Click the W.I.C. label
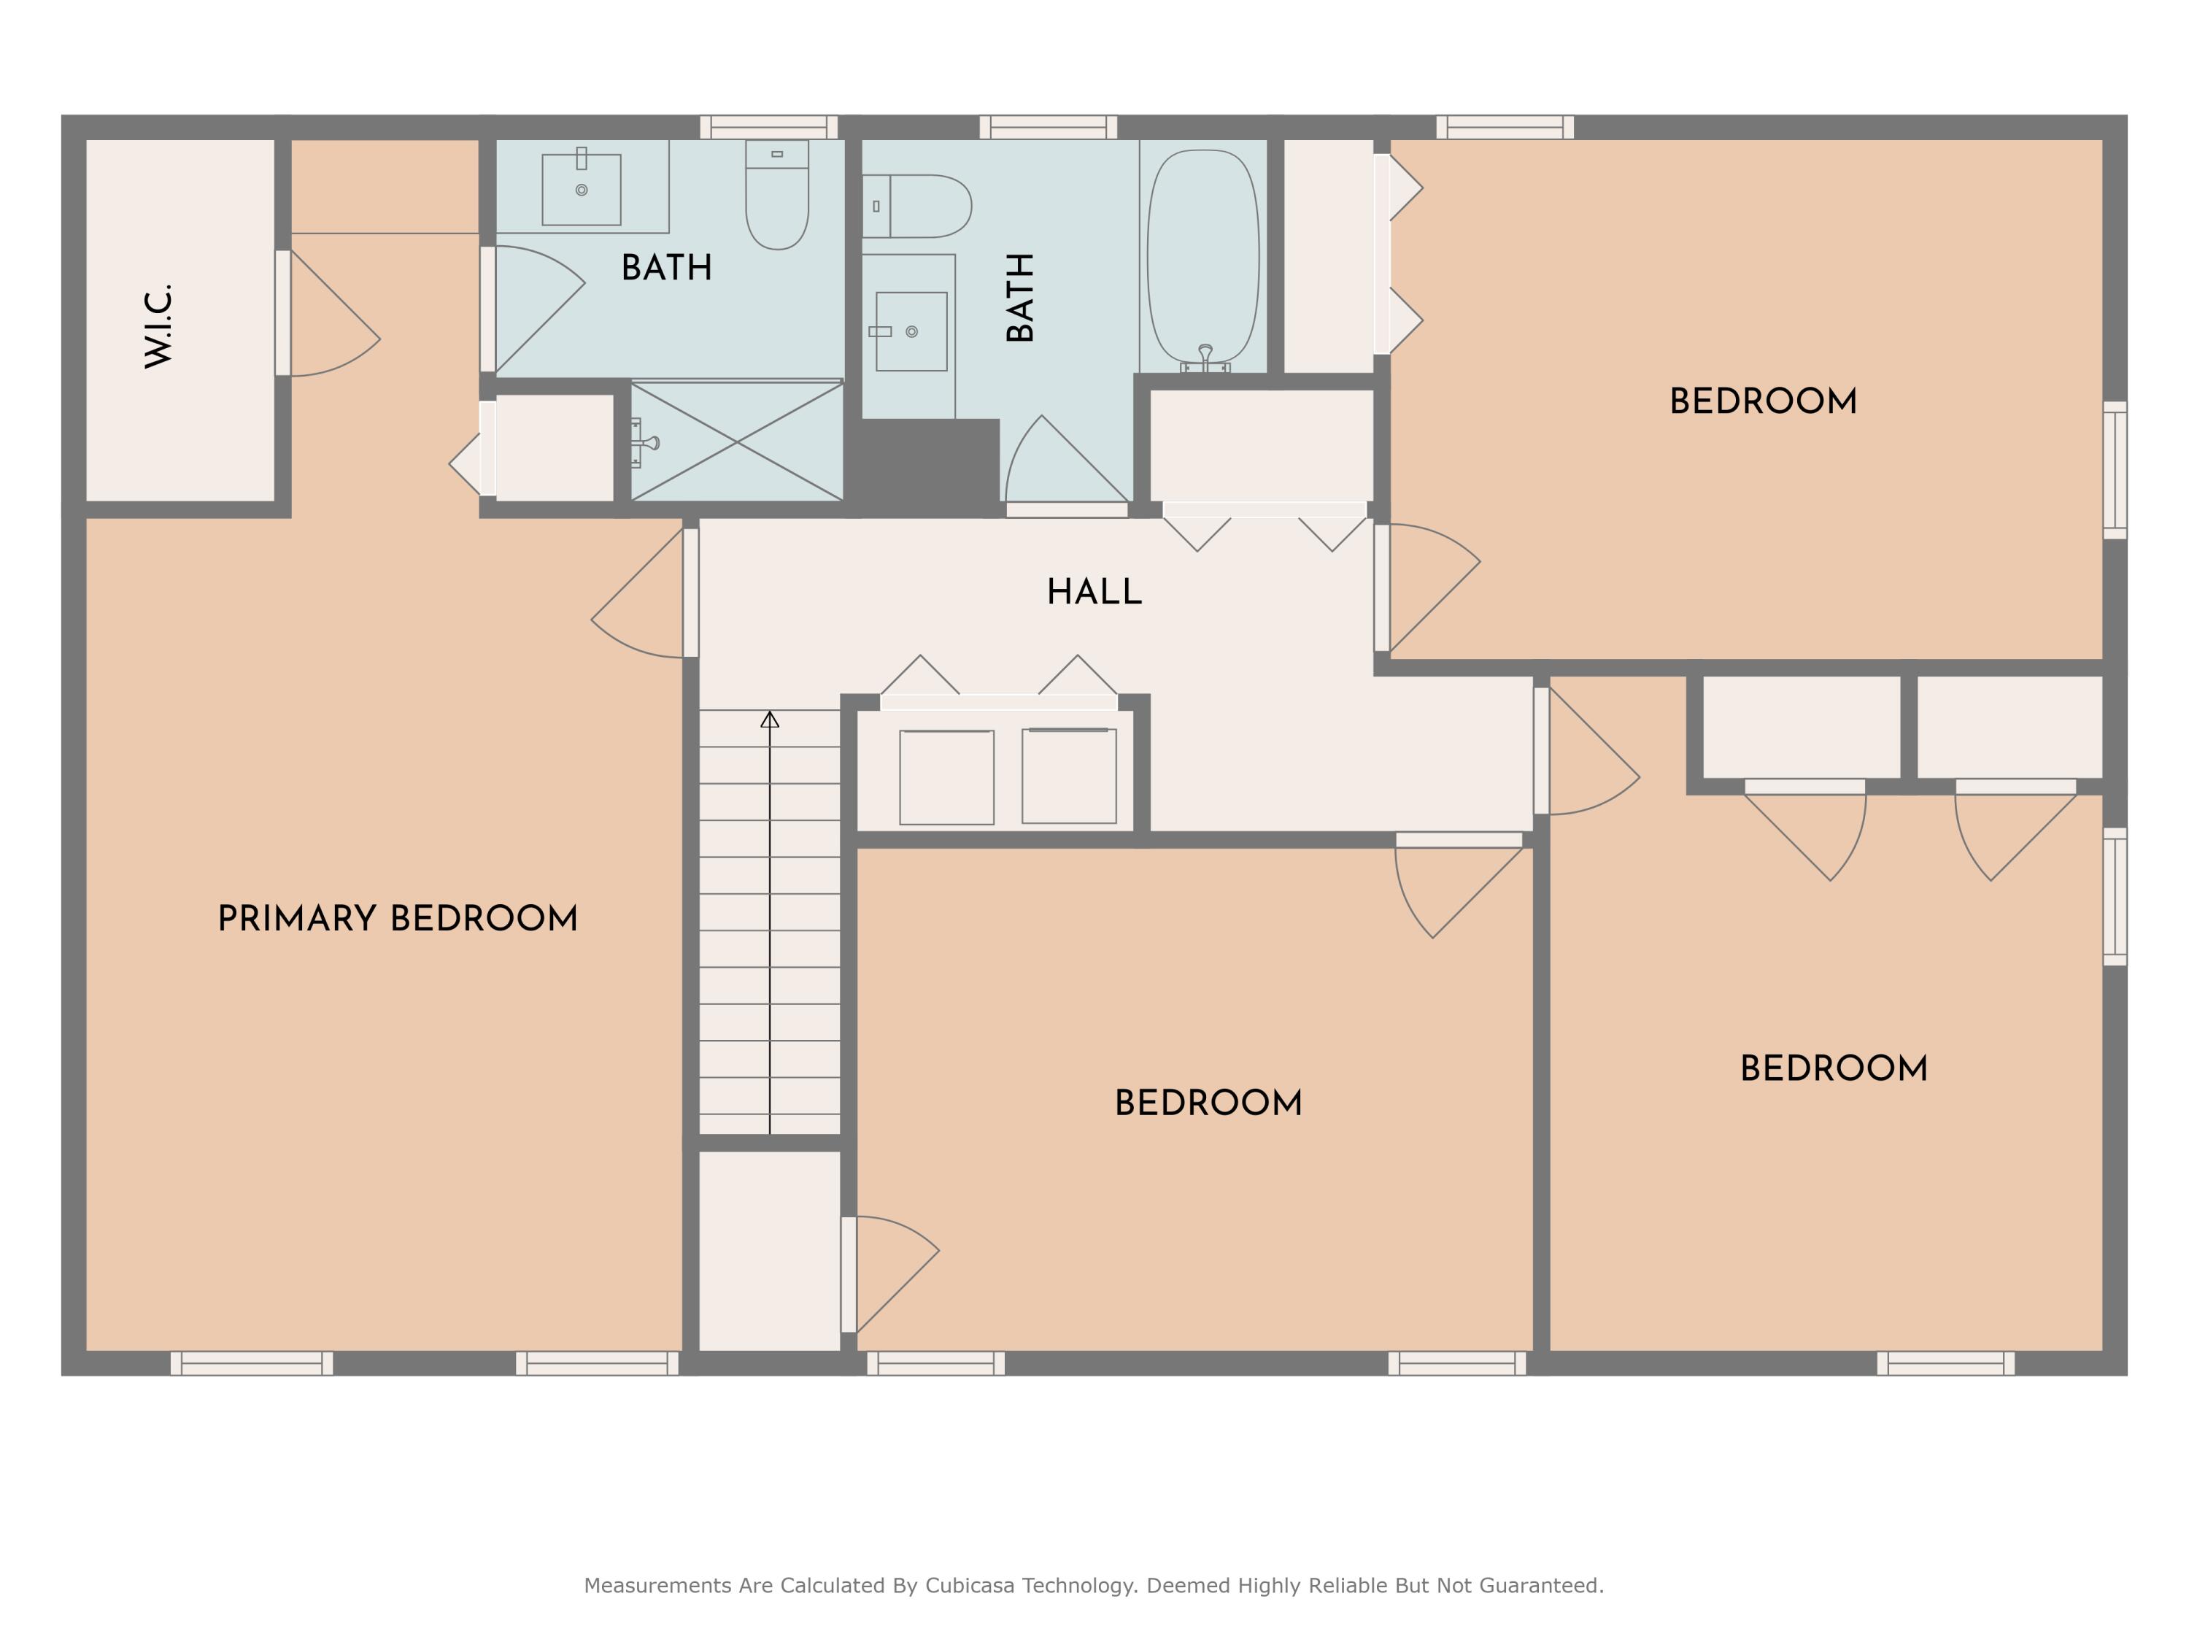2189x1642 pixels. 158,327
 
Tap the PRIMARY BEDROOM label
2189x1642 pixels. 397,919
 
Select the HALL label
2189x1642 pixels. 1094,592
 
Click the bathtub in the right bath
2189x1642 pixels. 1202,258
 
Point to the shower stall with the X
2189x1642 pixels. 737,442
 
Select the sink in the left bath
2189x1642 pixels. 581,189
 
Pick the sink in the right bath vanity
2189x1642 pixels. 911,331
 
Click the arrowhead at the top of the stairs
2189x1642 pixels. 770,720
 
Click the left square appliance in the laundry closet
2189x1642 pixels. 946,777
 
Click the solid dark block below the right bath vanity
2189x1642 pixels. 925,465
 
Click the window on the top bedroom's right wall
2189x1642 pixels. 2114,470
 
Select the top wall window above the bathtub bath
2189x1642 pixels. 1048,127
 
